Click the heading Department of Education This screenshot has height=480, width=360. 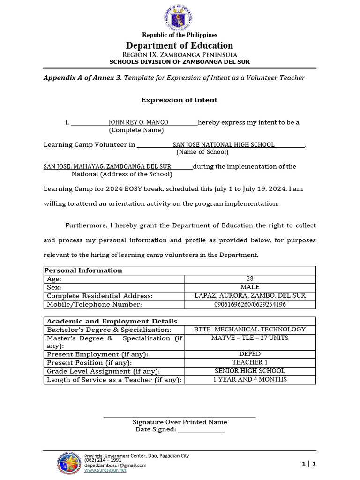coord(180,45)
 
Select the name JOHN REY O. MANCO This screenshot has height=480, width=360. coord(138,122)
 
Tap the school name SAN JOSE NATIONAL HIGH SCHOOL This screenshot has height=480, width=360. coord(224,144)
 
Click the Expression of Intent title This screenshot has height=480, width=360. coord(180,100)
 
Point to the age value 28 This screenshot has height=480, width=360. coord(249,278)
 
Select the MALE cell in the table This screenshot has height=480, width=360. coord(249,287)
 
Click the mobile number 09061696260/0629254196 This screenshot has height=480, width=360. coord(249,304)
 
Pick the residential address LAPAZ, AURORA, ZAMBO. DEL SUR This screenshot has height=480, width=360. coord(249,295)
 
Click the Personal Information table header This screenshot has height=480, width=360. coord(83,270)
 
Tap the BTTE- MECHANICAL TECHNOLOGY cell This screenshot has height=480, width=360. coord(249,330)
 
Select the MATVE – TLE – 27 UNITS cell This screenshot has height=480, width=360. coord(249,338)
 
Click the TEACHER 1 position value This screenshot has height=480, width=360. coord(249,362)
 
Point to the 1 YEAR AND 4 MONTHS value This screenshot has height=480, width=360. coord(249,379)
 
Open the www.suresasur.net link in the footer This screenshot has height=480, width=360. coord(105,470)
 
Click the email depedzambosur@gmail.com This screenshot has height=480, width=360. coord(115,465)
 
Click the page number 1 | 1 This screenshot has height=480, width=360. coord(309,464)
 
